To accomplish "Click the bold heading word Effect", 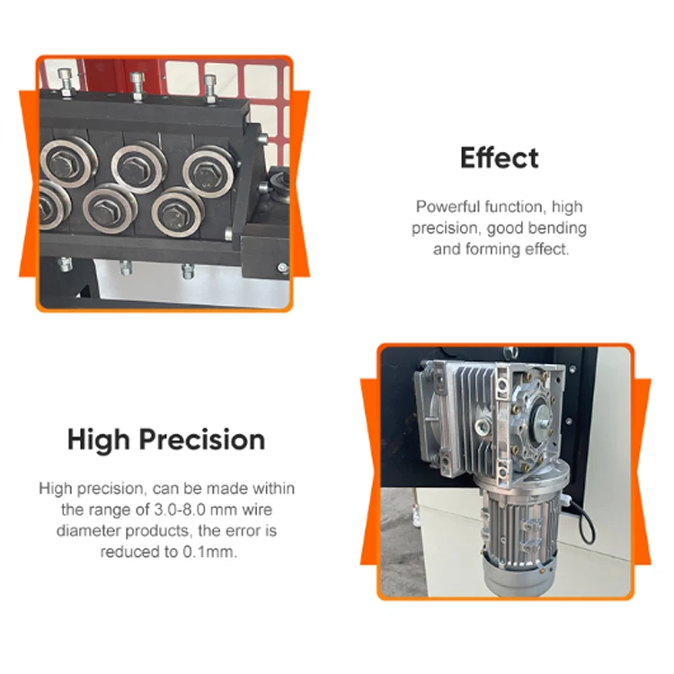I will pos(499,158).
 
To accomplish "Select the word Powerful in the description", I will pos(445,206).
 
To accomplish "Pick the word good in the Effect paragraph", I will pos(508,227).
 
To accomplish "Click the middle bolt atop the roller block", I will pos(137,84).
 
